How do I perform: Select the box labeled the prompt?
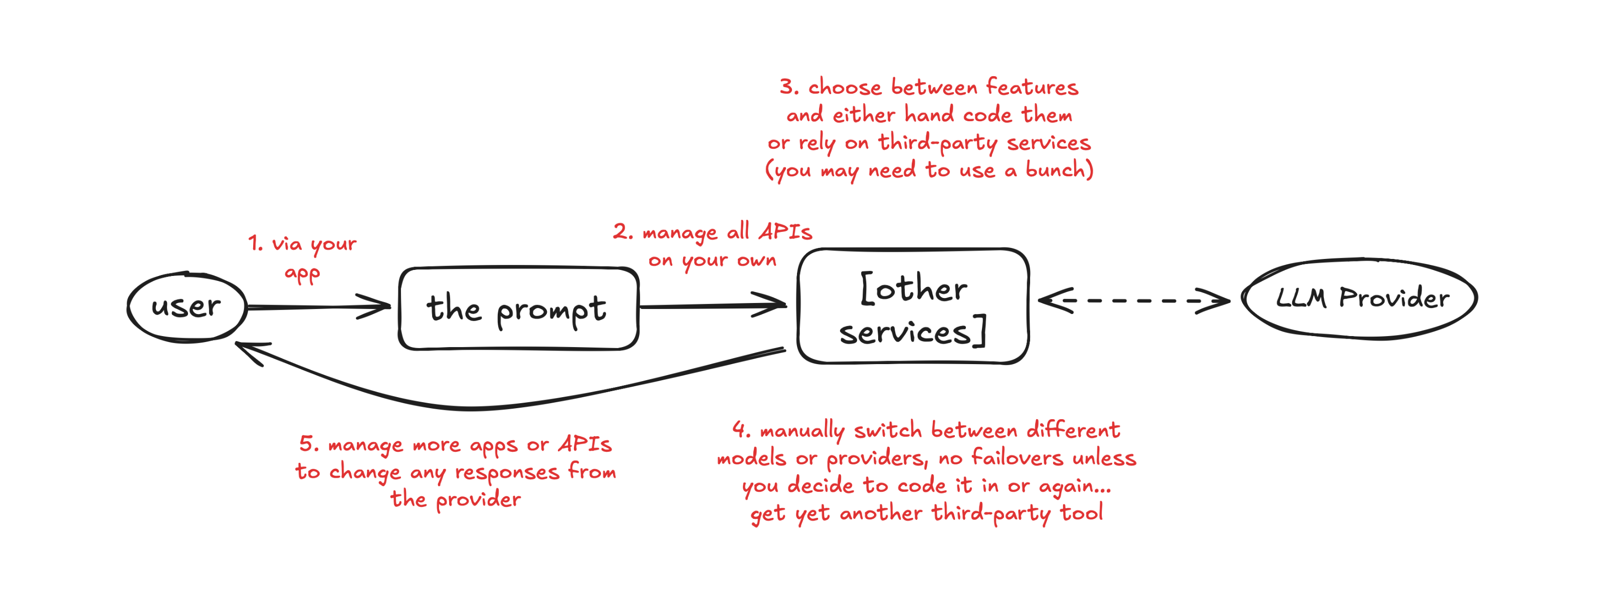[x=518, y=309]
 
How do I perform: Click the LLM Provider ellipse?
[x=1360, y=298]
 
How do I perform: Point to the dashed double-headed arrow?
[x=1133, y=300]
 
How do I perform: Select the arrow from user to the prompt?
[x=318, y=307]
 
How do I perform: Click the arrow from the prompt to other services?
[x=713, y=306]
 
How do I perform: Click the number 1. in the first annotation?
[x=255, y=243]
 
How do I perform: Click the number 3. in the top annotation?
[x=789, y=87]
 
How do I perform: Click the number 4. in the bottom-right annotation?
[x=741, y=429]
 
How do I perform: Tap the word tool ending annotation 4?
[x=1082, y=513]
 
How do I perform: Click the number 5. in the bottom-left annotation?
[x=309, y=444]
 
